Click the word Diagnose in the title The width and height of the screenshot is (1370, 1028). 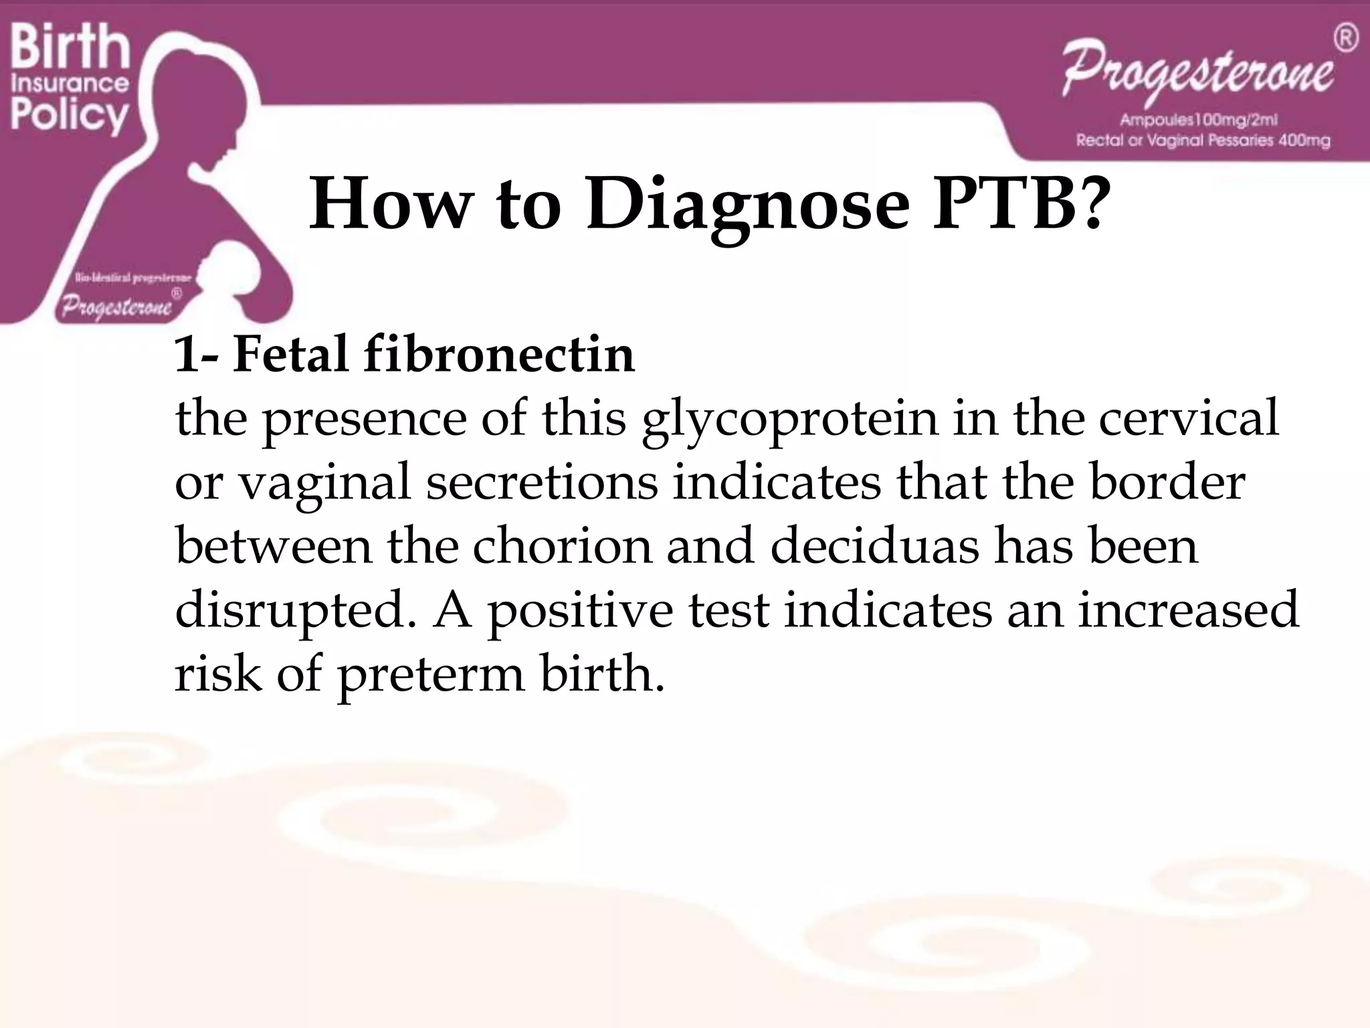(747, 205)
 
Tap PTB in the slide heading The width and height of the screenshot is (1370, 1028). (1017, 203)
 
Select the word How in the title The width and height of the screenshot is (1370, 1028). (389, 203)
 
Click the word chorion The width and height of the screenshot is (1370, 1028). (562, 545)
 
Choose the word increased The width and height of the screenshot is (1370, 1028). (1188, 609)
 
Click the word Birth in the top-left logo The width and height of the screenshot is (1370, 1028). (70, 47)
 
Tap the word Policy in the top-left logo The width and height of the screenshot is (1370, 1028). (69, 115)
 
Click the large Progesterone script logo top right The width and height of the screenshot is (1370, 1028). (1198, 74)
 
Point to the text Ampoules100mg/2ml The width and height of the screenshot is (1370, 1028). (1199, 120)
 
